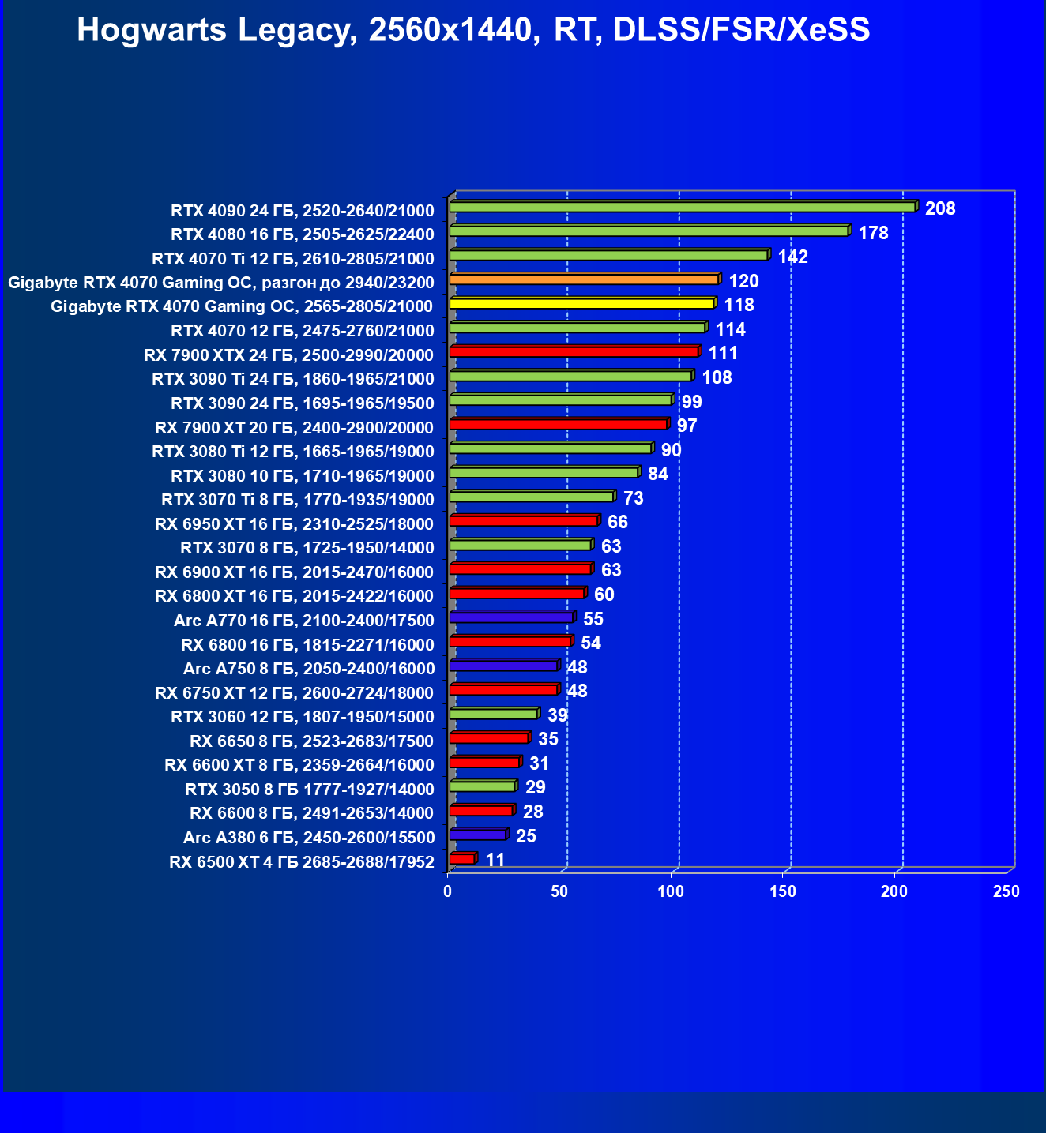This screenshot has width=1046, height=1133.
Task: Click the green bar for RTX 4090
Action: click(x=683, y=207)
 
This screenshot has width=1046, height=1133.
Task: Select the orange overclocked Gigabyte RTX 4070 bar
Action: click(x=584, y=279)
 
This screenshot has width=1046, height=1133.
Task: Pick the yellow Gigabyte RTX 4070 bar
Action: click(x=581, y=304)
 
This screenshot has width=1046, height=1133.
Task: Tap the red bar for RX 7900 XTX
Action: click(x=574, y=352)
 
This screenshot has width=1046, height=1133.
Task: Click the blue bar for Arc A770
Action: click(x=511, y=617)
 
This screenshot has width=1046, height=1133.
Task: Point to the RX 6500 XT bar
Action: click(x=462, y=859)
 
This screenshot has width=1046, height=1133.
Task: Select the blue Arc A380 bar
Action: click(x=478, y=835)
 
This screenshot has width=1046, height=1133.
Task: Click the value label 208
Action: click(x=940, y=208)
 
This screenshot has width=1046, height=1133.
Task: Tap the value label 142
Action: click(x=793, y=257)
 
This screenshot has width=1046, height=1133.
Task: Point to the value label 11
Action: click(x=495, y=860)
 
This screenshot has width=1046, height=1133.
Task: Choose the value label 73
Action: click(x=634, y=498)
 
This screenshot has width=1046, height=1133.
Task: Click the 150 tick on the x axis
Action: click(x=783, y=891)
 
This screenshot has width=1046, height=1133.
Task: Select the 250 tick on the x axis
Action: click(x=1006, y=891)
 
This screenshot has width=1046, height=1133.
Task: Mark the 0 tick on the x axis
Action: click(x=448, y=891)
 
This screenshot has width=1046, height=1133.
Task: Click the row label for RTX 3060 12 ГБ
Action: click(x=302, y=717)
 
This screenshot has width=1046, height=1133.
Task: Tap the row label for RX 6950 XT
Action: click(x=294, y=524)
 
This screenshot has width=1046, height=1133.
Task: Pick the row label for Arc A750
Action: click(x=308, y=669)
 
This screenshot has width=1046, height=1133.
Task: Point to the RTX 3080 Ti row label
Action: click(x=292, y=452)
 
